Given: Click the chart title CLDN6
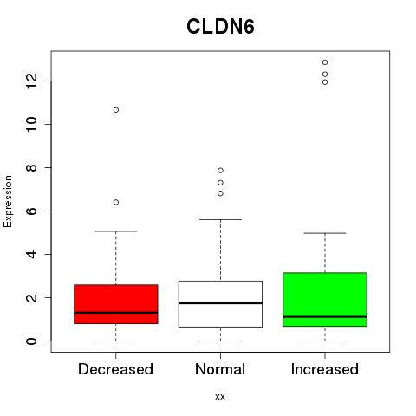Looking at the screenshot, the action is (220, 27).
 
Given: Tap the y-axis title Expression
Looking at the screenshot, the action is (8, 201).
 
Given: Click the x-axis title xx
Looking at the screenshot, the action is (220, 396).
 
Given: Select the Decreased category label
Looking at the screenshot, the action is (115, 369).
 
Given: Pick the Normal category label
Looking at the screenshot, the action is (220, 369).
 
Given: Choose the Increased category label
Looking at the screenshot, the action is (325, 369).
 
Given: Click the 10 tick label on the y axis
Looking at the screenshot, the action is (32, 124).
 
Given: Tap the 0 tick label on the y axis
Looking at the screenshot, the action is (32, 341).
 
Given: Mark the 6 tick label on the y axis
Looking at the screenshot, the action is (32, 211).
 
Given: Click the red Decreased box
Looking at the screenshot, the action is (116, 304).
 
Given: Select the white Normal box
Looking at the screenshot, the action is (220, 304).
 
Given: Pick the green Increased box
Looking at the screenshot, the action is (325, 300).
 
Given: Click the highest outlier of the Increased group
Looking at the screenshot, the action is (325, 62).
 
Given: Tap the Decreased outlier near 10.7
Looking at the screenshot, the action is (116, 110).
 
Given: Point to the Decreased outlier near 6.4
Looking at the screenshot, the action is (116, 202).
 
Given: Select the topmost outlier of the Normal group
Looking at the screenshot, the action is (220, 171).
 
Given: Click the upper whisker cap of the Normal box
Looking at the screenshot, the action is (220, 219).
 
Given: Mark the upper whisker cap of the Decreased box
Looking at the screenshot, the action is (116, 231).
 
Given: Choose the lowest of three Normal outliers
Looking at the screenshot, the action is (220, 193).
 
